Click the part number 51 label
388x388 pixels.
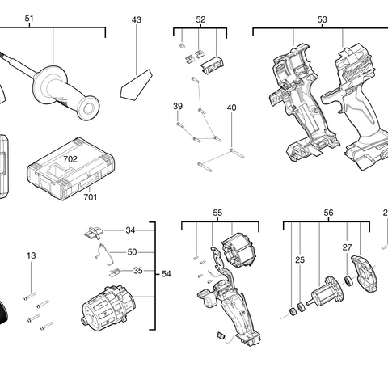pos(30,19)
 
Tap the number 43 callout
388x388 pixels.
pos(136,19)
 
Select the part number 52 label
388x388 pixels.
pos(200,19)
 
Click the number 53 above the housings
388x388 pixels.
pos(322,19)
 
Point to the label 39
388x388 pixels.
pos(177,107)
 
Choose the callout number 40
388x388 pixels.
pos(231,108)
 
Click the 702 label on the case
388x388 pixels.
pos(70,160)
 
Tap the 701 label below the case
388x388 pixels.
pos(91,196)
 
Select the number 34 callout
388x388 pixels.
pos(131,230)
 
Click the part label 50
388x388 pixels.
pos(132,252)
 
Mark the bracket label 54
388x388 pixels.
pos(166,275)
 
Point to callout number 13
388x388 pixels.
pos(31,256)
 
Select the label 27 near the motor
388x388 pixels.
pos(347,248)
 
